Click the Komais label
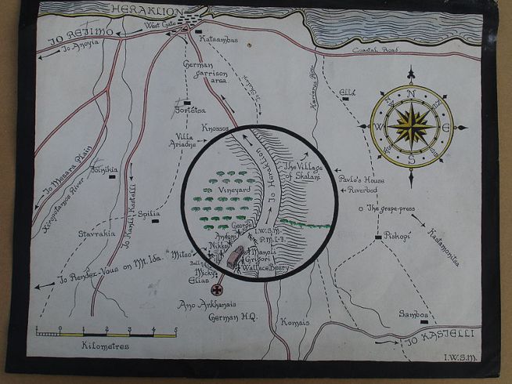click(x=297, y=321)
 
